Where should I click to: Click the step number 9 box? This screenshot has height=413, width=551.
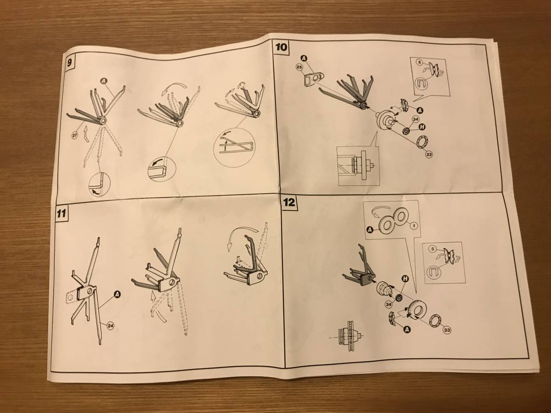coord(69,62)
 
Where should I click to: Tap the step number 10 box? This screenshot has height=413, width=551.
coord(281,47)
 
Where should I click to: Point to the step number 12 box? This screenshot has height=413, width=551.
coord(289,202)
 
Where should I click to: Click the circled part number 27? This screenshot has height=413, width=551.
coord(75,135)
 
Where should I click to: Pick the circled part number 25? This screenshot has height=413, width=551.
coord(299,67)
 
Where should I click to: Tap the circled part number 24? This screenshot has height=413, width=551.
coord(110,326)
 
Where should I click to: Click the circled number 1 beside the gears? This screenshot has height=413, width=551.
coord(413,226)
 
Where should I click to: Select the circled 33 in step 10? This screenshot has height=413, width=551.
coord(429,155)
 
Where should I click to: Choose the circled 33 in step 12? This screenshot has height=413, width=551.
coord(447,330)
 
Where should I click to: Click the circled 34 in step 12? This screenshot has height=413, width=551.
coord(389,304)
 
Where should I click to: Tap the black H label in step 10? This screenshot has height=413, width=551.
coord(423,127)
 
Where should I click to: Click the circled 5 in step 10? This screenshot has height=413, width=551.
coord(420,62)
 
